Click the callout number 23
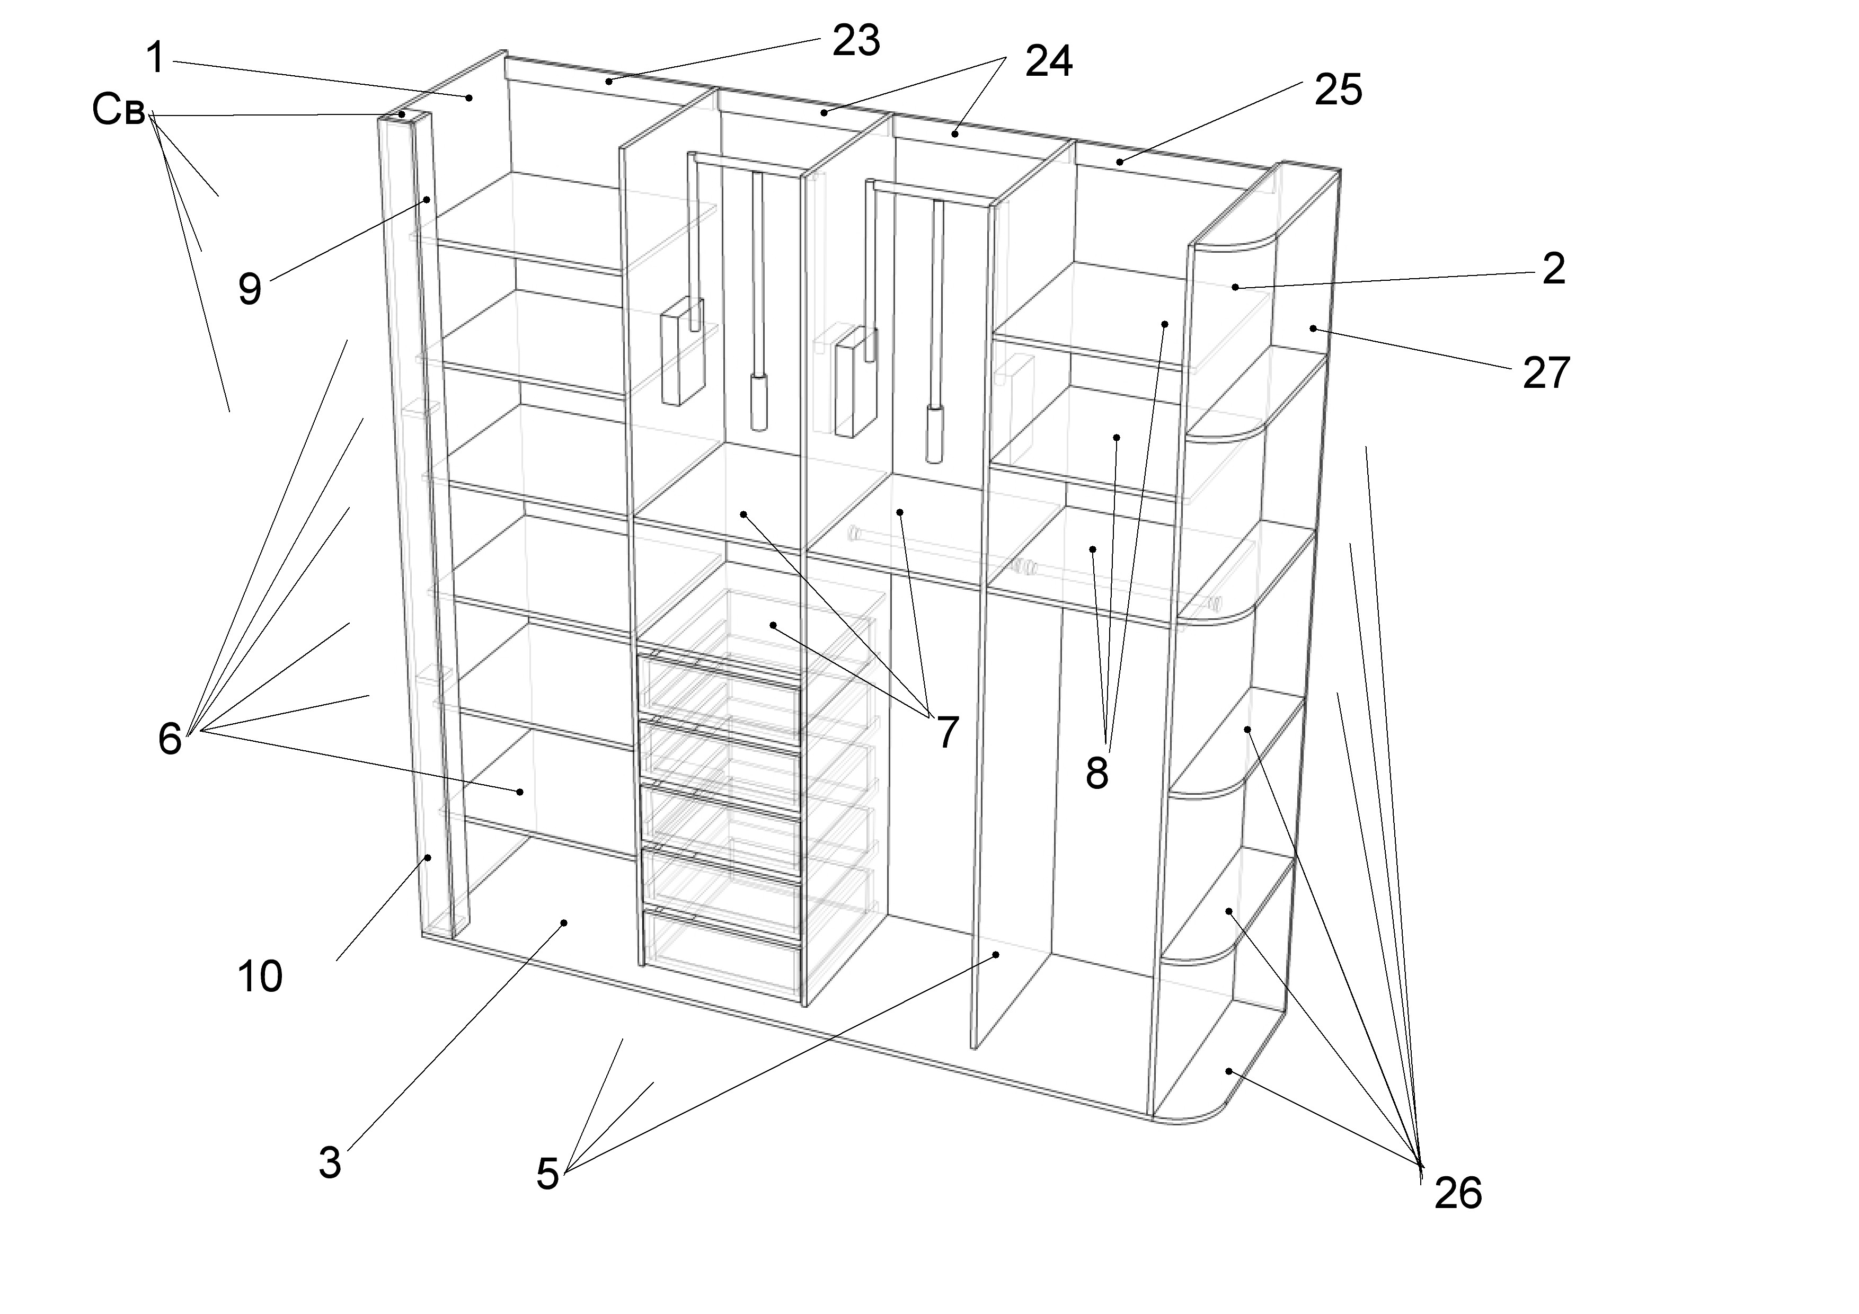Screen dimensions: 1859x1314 [856, 40]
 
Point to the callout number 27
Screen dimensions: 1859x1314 [1546, 373]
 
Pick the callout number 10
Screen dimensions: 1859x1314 [260, 976]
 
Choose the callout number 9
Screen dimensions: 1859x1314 [250, 288]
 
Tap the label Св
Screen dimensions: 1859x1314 [118, 110]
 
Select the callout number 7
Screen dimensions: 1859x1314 [948, 733]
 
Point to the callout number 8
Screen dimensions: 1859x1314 [1097, 774]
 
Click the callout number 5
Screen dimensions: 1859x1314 [548, 1174]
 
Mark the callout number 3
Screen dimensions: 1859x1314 [330, 1164]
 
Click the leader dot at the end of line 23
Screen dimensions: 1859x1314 [608, 81]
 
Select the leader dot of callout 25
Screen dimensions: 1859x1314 [1120, 162]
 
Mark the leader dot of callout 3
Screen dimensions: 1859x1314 [564, 922]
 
